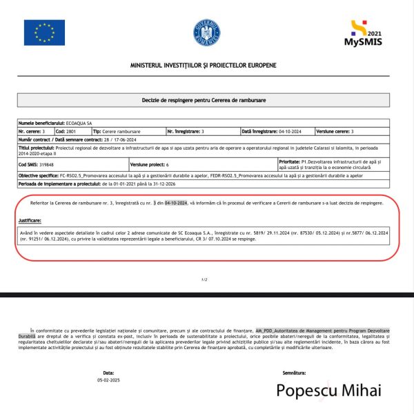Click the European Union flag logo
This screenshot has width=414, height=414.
[x=44, y=32]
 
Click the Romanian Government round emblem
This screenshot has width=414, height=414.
[x=206, y=32]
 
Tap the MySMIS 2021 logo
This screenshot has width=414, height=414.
[x=364, y=32]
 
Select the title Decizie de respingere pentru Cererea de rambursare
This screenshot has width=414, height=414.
[x=207, y=100]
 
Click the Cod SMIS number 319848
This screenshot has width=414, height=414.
[x=47, y=165]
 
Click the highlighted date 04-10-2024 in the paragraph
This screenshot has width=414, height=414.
[x=176, y=204]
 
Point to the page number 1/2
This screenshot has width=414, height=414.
[x=204, y=280]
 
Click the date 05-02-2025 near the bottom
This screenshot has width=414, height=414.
[x=108, y=380]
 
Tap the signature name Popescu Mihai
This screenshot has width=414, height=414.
[x=328, y=391]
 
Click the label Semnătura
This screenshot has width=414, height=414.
[x=294, y=373]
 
